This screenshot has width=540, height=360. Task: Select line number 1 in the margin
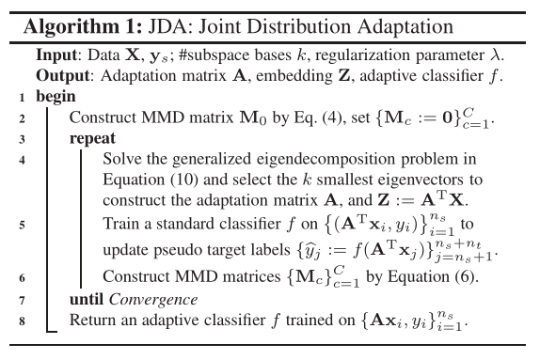click(x=22, y=96)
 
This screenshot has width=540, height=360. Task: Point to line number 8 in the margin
click(x=22, y=321)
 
